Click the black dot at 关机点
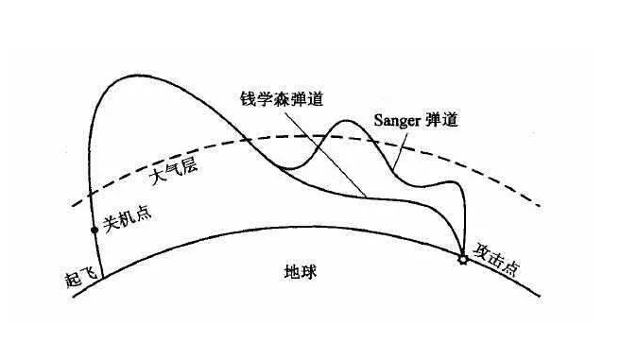[94, 230]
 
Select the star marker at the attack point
[462, 259]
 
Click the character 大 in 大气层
[157, 178]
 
